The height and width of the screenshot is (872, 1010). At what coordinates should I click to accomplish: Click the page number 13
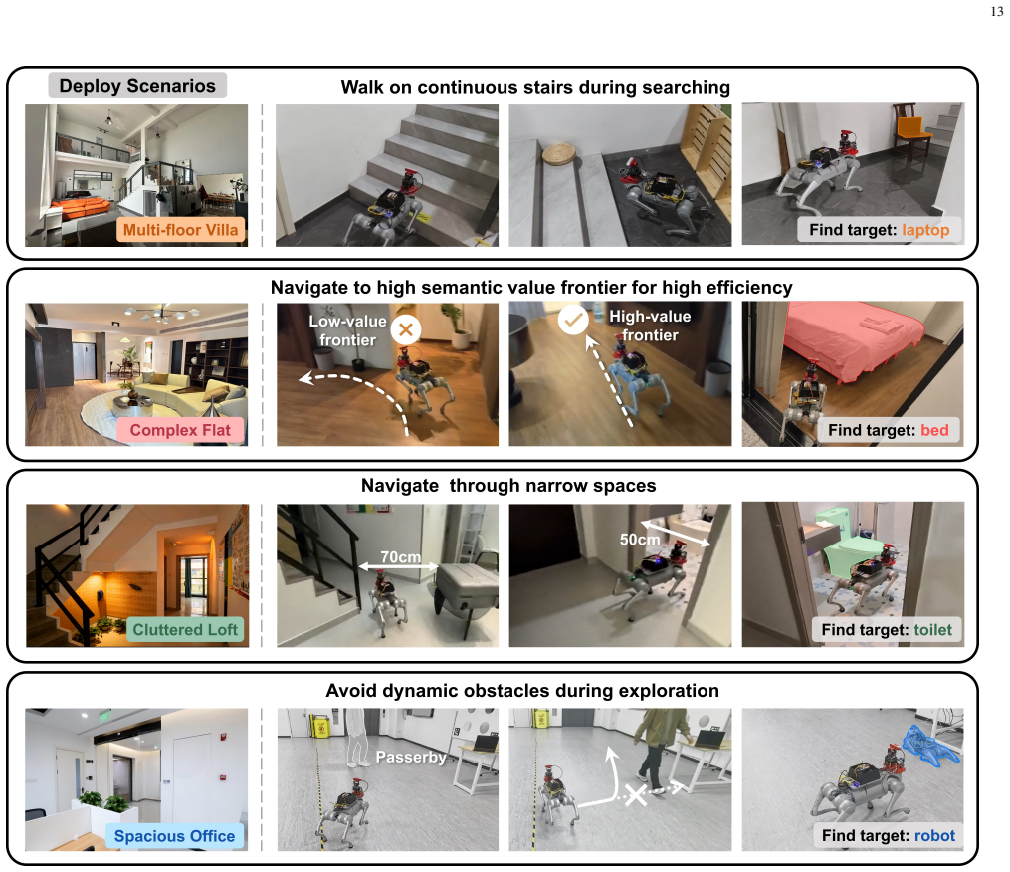(996, 12)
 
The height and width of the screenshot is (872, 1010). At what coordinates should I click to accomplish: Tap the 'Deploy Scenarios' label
(137, 85)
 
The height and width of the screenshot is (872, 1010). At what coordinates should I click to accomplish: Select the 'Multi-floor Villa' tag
(181, 230)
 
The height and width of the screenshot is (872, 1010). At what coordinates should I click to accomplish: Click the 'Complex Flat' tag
(180, 430)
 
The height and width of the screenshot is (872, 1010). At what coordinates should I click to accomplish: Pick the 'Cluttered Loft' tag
(185, 630)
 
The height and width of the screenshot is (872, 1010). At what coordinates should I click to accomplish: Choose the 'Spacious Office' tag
(174, 836)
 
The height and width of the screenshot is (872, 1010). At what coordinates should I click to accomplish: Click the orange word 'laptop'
(925, 230)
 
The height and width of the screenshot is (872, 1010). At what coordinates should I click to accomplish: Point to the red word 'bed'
(934, 430)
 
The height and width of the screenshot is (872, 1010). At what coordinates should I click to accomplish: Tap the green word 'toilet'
(932, 630)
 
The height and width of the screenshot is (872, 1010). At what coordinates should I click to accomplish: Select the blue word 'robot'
(934, 836)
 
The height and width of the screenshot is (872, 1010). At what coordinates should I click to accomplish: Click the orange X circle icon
(405, 329)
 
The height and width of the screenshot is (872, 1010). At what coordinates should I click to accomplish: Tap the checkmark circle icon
(572, 320)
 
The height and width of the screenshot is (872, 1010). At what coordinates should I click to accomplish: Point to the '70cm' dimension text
(400, 556)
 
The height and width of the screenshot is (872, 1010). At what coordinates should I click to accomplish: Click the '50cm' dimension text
(640, 540)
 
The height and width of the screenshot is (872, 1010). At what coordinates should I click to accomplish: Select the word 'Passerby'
(411, 757)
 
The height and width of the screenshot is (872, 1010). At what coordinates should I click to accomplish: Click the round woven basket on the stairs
(561, 154)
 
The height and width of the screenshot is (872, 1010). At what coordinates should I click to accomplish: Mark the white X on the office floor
(636, 794)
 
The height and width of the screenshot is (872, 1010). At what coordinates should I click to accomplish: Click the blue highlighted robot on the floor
(930, 747)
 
